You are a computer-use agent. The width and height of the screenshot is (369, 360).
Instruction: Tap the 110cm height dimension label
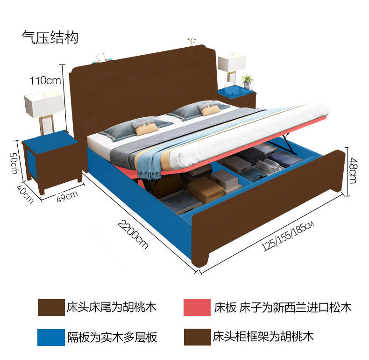pyautogui.click(x=45, y=80)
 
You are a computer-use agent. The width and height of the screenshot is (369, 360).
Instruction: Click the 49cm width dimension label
pyautogui.click(x=67, y=195)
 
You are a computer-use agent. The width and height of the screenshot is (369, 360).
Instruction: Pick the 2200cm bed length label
pyautogui.click(x=133, y=234)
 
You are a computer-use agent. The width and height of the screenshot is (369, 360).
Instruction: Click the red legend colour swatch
pyautogui.click(x=197, y=308)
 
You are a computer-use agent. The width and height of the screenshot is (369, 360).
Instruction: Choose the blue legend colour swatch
pyautogui.click(x=51, y=337)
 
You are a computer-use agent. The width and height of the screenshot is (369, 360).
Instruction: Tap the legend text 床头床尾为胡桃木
pyautogui.click(x=111, y=307)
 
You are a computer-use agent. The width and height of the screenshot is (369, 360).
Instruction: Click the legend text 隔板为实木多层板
pyautogui.click(x=112, y=337)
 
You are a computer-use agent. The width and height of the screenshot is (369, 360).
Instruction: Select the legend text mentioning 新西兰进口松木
pyautogui.click(x=282, y=307)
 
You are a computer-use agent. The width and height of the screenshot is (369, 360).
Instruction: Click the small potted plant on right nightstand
pyautogui.click(x=247, y=80)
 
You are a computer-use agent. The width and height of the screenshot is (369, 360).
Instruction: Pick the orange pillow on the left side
pyautogui.click(x=143, y=127)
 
